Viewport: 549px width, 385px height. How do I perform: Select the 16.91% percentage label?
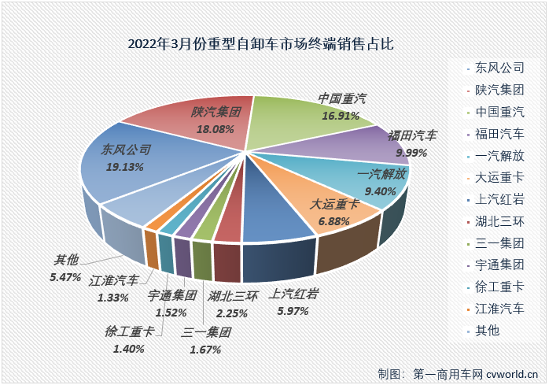[341, 116]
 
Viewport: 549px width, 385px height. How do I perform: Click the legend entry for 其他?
[488, 331]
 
